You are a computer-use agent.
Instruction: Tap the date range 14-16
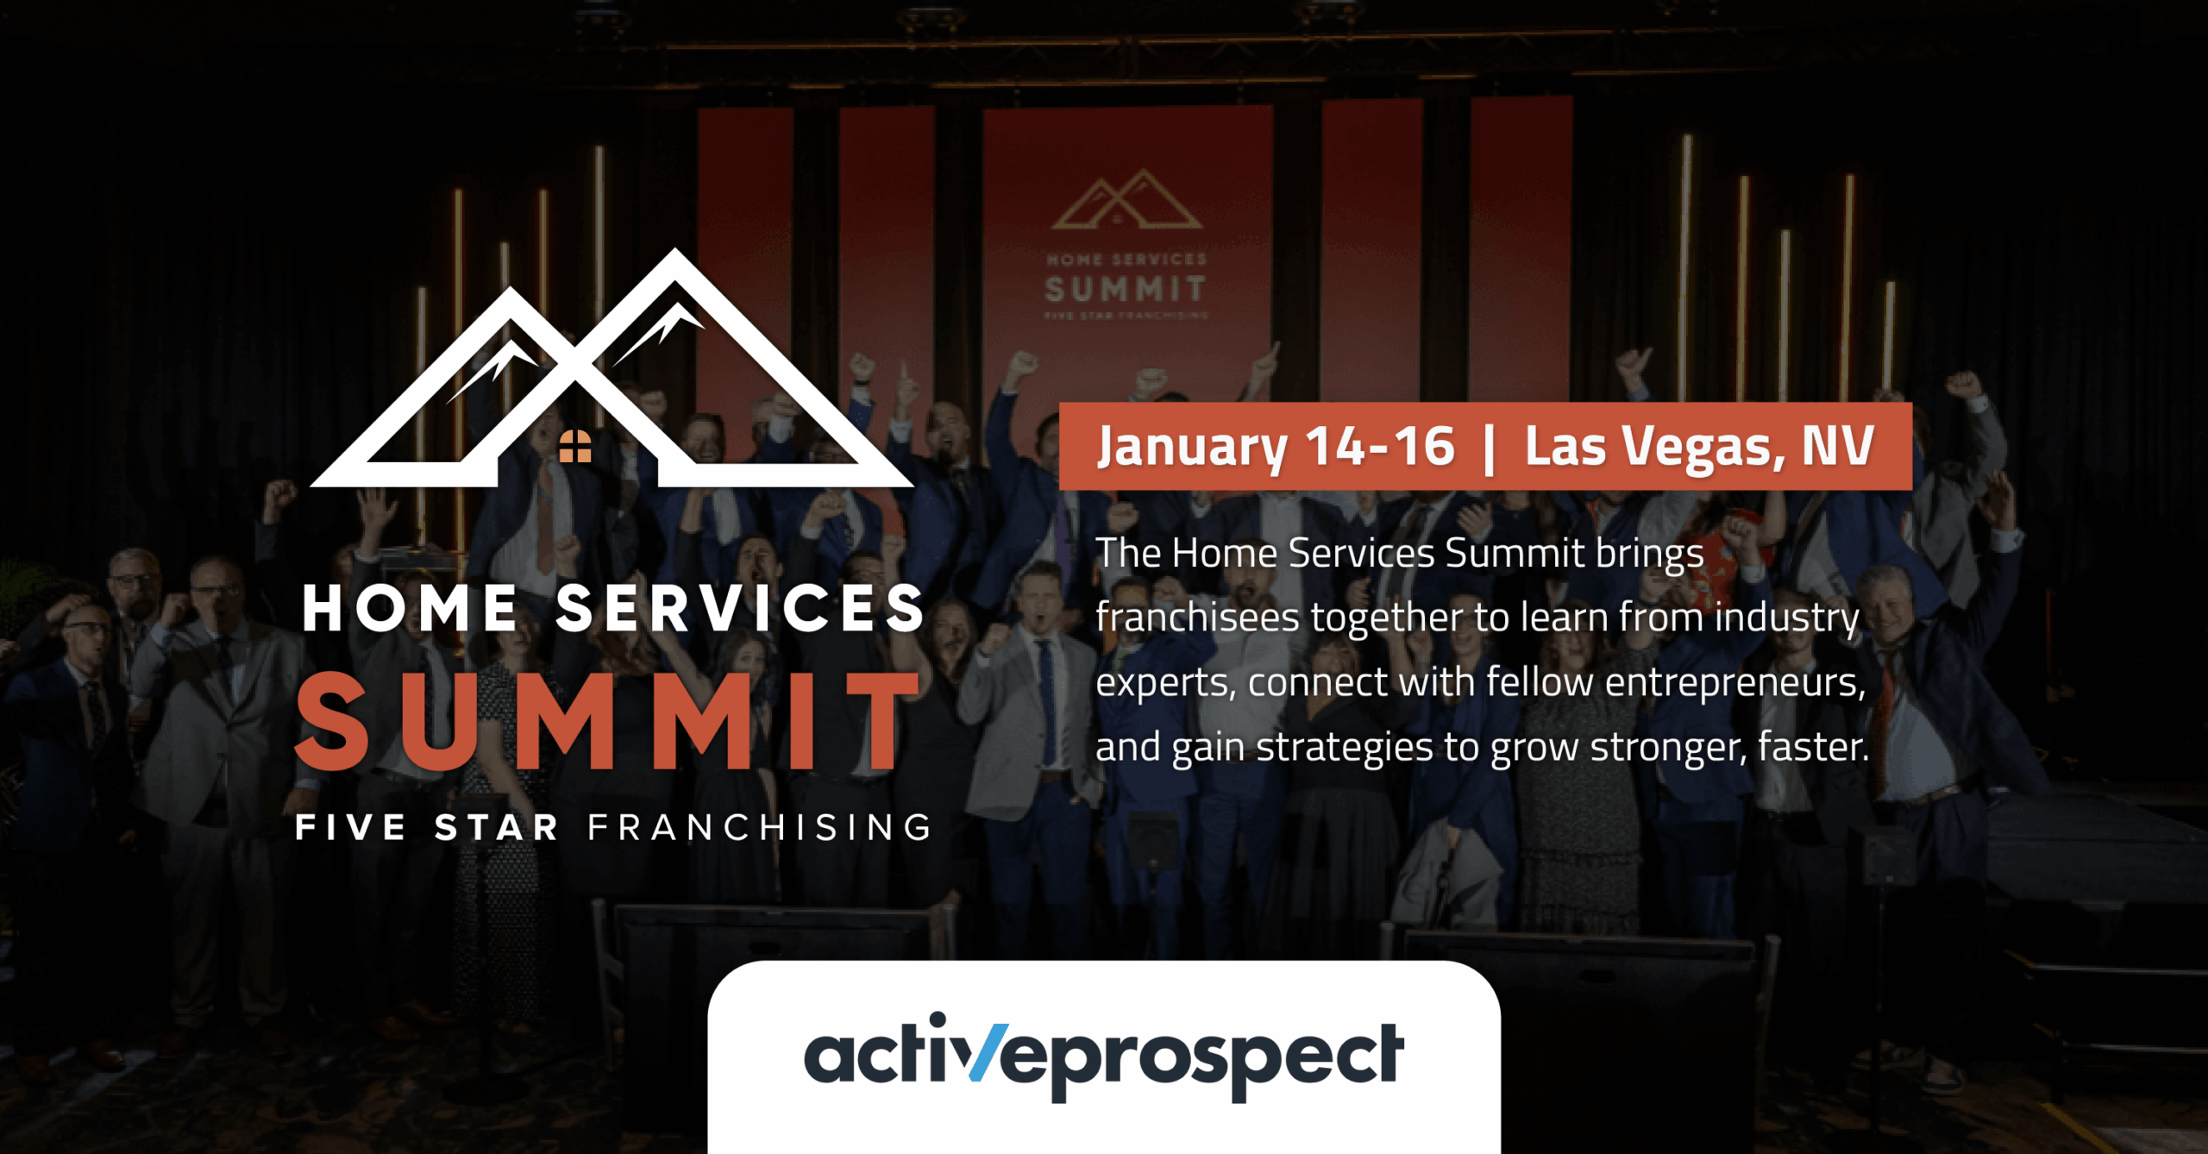coord(1379,446)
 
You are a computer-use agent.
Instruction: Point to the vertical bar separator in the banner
coord(1489,448)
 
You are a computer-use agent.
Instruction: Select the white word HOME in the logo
coord(410,608)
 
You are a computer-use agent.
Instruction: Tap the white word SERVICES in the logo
coord(740,608)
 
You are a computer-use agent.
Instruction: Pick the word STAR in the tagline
coord(497,827)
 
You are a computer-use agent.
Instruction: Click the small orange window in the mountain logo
coord(575,446)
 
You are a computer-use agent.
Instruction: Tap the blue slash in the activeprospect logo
coord(988,1052)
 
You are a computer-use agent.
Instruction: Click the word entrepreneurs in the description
coord(1734,682)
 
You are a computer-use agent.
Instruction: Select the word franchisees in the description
coord(1196,618)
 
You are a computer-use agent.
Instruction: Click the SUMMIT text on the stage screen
coord(1125,289)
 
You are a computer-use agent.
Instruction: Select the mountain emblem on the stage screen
coord(1126,200)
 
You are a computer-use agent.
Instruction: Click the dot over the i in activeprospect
coord(938,1019)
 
